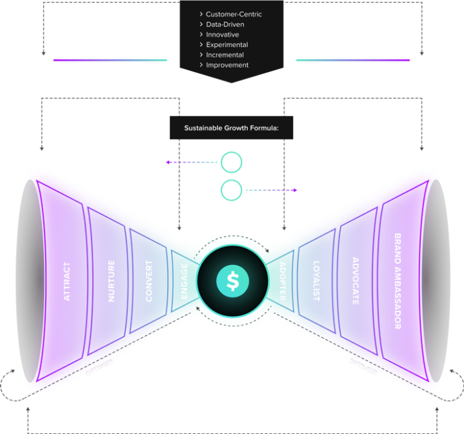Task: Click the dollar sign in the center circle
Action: tap(233, 281)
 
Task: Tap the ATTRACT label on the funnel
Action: tap(67, 282)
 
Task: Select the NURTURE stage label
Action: tap(111, 282)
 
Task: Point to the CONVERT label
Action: tap(148, 282)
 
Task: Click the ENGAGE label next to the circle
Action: tap(184, 282)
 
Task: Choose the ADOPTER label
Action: tap(283, 282)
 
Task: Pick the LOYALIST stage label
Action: tap(316, 282)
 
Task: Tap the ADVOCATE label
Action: tap(355, 282)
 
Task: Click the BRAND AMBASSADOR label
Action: tap(397, 282)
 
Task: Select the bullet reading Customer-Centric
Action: tap(234, 14)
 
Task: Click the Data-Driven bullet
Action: tap(225, 25)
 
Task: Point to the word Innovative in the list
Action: tap(222, 34)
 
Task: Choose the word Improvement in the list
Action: tap(227, 65)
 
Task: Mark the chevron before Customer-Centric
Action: tap(201, 14)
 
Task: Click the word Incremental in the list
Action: tap(225, 55)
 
